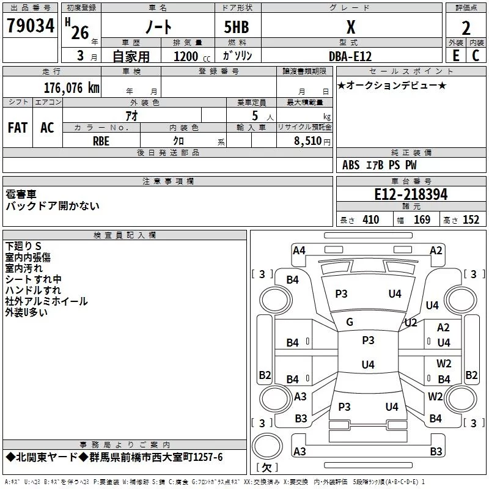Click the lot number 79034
coord(31,26)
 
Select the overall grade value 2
coord(466,28)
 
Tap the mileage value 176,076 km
coord(72,88)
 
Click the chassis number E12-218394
coord(411,194)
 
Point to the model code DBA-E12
coord(350,56)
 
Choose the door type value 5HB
coord(237,27)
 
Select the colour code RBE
coord(101,141)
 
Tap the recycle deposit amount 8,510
coord(308,141)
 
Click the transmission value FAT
coord(18,128)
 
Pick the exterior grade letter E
coord(456,56)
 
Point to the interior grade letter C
coord(476,56)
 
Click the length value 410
coord(371,220)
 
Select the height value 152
coord(471,220)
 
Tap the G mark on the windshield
coord(350,322)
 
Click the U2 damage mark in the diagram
coord(411,323)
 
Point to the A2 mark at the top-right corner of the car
coord(436,251)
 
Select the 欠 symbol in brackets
coord(267,468)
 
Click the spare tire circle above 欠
coord(267,446)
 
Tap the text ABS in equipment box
coord(351,165)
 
